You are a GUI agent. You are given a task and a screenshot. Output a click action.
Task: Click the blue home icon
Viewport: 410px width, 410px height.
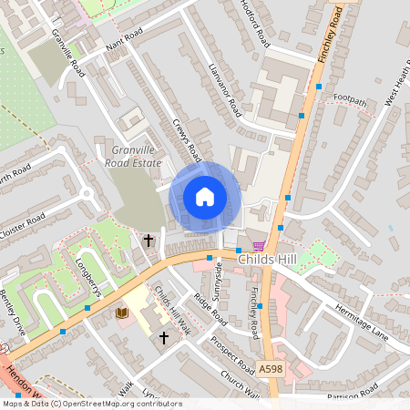(x=205, y=196)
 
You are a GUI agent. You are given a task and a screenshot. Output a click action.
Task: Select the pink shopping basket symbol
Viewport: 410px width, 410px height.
(x=259, y=245)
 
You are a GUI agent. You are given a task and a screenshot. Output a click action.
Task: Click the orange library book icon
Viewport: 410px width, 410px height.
(x=122, y=313)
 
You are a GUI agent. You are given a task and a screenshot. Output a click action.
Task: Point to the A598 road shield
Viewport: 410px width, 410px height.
(x=270, y=368)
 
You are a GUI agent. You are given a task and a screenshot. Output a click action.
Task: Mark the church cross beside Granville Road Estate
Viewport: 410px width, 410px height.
(x=148, y=241)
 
